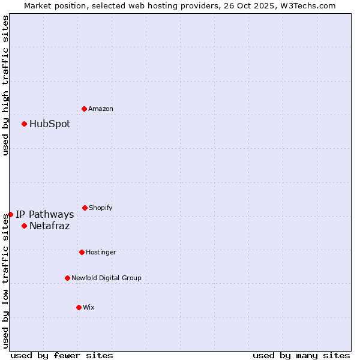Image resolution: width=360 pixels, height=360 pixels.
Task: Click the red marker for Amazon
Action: (x=84, y=109)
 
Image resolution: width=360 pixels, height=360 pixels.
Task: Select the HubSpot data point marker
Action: (x=24, y=124)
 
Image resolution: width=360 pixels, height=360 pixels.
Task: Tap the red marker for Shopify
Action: (x=85, y=208)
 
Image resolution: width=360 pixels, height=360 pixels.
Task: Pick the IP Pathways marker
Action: (x=10, y=214)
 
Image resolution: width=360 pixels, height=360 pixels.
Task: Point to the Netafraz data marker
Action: (x=24, y=226)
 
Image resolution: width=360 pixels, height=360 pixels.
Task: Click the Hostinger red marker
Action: (x=82, y=252)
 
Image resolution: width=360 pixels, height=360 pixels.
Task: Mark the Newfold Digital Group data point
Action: (x=67, y=278)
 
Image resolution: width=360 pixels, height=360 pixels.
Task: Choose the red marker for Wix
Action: (x=79, y=307)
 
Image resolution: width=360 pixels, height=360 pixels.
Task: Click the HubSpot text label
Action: (x=50, y=124)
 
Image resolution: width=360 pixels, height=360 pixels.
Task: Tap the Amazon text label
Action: (x=101, y=109)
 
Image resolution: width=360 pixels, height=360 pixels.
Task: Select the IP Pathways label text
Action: (x=45, y=215)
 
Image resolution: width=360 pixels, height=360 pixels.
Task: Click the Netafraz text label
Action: (x=50, y=226)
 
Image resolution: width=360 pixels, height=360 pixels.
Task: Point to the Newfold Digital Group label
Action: (x=107, y=278)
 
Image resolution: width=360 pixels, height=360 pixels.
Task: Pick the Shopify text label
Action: (x=101, y=208)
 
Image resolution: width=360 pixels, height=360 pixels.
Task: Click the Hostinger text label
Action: (x=101, y=253)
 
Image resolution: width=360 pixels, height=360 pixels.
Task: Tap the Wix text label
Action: (x=89, y=308)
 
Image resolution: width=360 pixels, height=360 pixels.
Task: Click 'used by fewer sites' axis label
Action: (x=62, y=355)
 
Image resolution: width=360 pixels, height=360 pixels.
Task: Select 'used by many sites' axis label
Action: (x=301, y=355)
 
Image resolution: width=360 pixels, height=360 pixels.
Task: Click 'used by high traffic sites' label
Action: (x=5, y=85)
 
